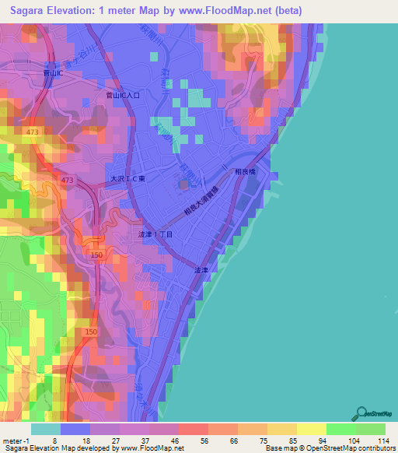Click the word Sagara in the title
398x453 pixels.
33,11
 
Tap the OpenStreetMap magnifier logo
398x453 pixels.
361,413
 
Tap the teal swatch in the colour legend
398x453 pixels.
44,429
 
